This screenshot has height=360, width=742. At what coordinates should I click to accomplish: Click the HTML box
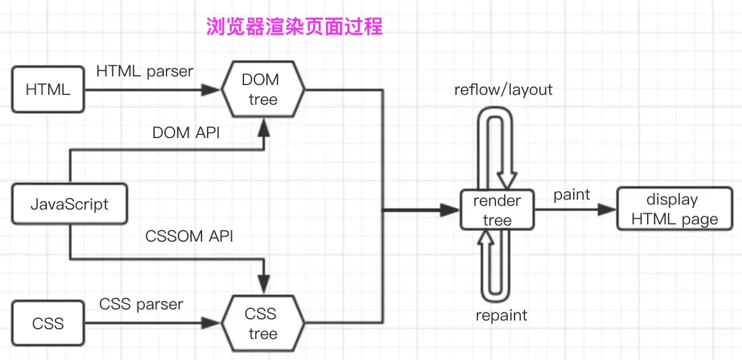tap(48, 89)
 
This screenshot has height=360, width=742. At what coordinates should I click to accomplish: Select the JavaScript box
tap(70, 203)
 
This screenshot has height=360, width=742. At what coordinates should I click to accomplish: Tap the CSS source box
tap(48, 323)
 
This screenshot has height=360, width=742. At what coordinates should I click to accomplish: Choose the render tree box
tap(497, 210)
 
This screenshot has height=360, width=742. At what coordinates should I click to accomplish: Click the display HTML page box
tap(675, 210)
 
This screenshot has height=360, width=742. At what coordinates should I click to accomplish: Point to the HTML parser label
tap(145, 72)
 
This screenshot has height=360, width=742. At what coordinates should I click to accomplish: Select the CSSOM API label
tap(189, 236)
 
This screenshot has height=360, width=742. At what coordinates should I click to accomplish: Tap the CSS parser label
tap(141, 304)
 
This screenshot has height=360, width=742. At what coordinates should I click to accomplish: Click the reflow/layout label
tap(503, 90)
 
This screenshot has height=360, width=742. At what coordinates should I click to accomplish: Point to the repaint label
tap(502, 316)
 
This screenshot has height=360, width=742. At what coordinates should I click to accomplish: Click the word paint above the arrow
tap(571, 195)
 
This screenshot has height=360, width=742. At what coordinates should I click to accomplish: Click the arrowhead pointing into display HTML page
tap(609, 210)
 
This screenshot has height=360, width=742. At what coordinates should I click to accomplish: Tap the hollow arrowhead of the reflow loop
tap(507, 181)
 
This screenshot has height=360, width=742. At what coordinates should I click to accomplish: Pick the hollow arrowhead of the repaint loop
tap(486, 237)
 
